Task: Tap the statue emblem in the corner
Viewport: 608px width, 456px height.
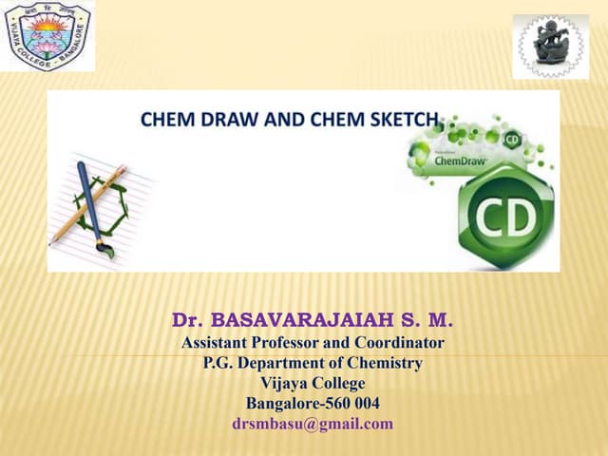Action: [550, 46]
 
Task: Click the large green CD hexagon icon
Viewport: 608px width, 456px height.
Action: [505, 217]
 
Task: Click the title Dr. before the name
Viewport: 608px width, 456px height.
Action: [187, 318]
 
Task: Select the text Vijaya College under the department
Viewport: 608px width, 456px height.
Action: [312, 383]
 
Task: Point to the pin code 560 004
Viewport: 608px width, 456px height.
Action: [352, 403]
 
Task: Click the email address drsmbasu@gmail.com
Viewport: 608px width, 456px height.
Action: [312, 424]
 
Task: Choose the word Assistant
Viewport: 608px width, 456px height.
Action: [218, 342]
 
